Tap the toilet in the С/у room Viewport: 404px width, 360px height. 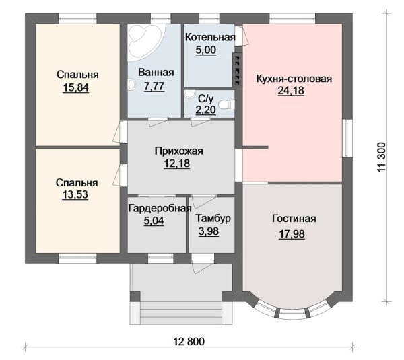226,104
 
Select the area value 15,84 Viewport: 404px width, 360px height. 75,87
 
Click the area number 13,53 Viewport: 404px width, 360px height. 75,194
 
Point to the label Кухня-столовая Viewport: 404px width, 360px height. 294,79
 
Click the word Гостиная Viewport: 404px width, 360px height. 294,219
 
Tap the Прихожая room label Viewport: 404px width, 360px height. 179,151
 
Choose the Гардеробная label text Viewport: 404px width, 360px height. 160,208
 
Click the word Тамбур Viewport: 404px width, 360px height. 213,219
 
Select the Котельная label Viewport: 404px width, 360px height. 210,37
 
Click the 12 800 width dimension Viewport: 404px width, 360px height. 189,341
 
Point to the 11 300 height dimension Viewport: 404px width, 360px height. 382,157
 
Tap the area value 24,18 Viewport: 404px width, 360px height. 291,91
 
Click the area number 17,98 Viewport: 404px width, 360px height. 292,234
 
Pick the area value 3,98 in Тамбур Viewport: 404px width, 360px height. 209,231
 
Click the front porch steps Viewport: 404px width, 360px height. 181,313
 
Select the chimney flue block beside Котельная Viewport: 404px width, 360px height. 237,69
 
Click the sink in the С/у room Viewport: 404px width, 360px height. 190,94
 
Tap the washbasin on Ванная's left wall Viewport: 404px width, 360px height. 132,85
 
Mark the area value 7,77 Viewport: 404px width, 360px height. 154,86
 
